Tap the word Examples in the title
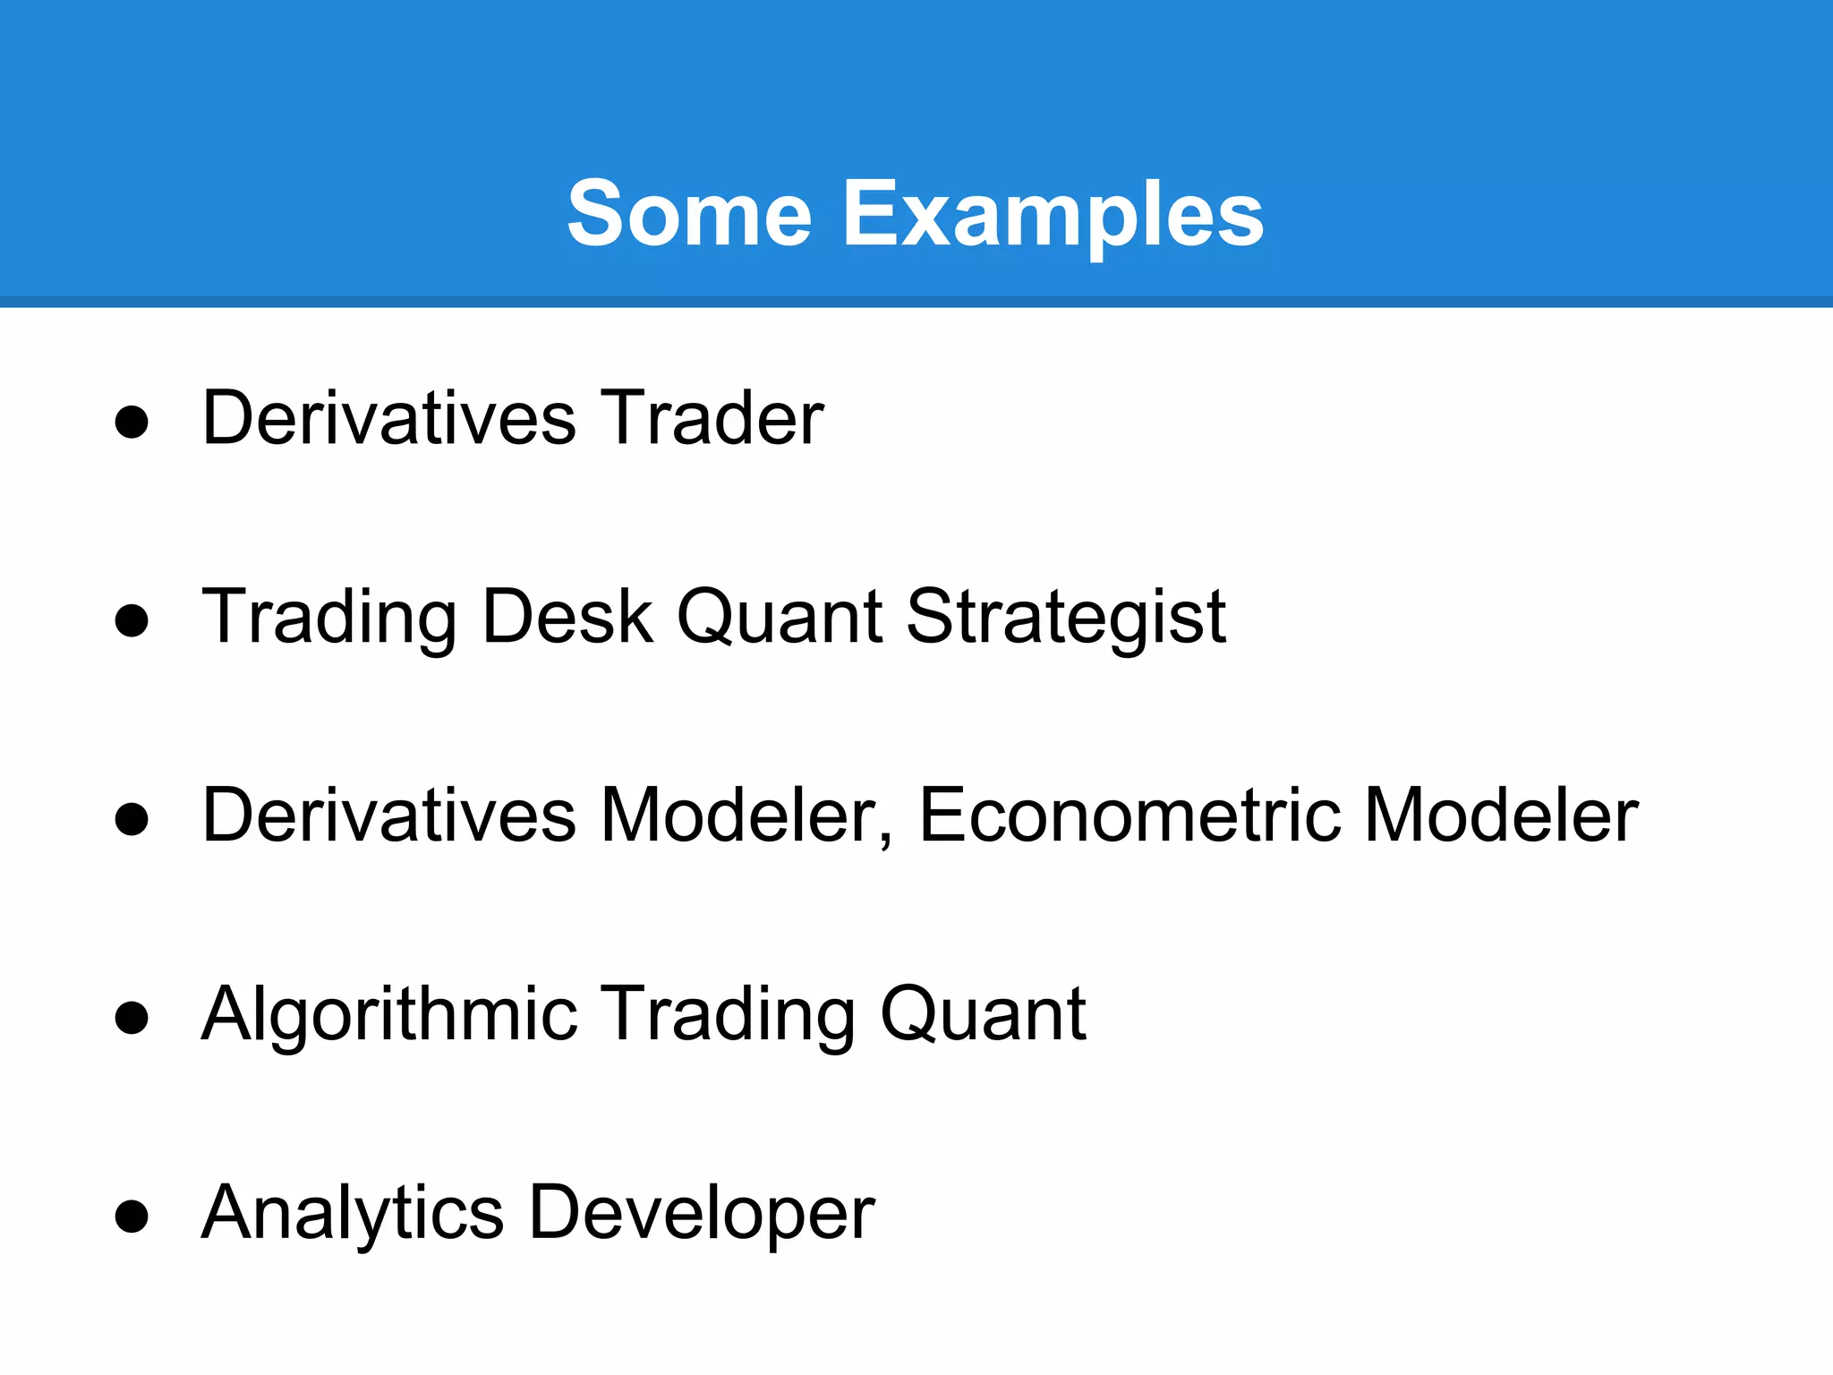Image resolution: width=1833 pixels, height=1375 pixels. coord(1053,215)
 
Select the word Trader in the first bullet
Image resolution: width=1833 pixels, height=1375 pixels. coord(711,418)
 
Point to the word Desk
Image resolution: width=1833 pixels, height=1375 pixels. coord(567,617)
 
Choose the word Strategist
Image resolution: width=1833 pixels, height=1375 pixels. coord(1065,619)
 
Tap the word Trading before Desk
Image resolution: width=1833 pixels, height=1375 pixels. coord(329,619)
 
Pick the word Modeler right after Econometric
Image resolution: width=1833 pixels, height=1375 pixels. coord(1501,816)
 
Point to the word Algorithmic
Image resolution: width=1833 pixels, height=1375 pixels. coord(389,1014)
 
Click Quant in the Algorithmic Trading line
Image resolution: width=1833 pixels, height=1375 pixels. coord(983,1014)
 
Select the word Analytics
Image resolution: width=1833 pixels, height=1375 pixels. coord(353,1215)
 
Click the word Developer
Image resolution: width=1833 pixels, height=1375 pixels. coord(702,1215)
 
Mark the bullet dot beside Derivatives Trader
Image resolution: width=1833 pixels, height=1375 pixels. coord(132,422)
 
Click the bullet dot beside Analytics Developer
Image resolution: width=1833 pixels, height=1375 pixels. coord(132,1217)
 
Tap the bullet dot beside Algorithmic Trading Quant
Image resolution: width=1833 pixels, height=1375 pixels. coord(132,1018)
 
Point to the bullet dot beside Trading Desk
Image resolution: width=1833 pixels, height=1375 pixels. coord(132,620)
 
